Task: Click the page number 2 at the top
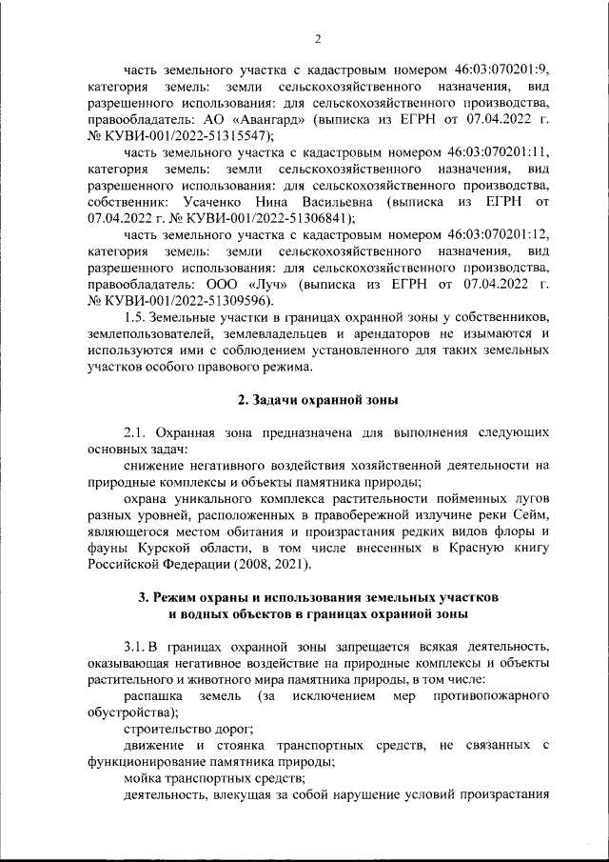(x=318, y=39)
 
